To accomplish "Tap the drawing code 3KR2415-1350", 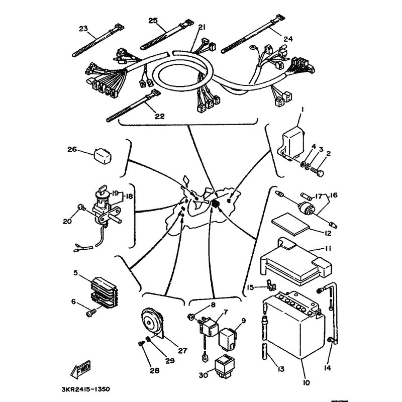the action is coord(86,389).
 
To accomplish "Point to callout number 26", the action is coord(72,149).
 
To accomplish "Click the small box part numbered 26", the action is coord(103,156).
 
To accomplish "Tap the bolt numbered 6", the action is coord(91,313).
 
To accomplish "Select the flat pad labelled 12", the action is coord(290,224).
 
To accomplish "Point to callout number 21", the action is coord(202,27).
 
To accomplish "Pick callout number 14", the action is coord(328,368).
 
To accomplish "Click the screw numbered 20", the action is coord(81,207).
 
